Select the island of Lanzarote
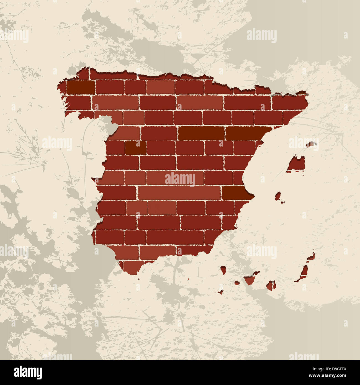click(x=311, y=257)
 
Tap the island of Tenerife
click(x=250, y=279)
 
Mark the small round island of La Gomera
click(x=237, y=283)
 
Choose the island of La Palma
click(x=223, y=269)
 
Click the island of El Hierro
click(x=221, y=292)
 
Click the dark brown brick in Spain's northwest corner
click(x=80, y=87)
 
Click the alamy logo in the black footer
click(x=28, y=372)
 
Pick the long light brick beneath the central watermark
click(x=179, y=192)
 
